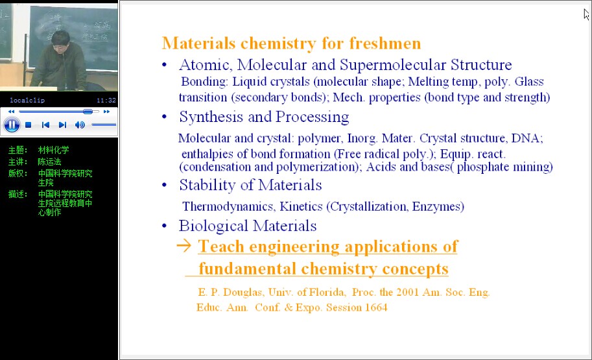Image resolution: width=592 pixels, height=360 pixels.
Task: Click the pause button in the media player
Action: click(12, 125)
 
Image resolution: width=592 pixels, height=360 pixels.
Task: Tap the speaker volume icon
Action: click(80, 125)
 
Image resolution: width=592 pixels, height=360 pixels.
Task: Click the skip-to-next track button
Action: click(63, 125)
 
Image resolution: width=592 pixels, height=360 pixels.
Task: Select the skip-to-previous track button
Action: click(45, 125)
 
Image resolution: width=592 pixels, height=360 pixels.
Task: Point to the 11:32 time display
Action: click(106, 101)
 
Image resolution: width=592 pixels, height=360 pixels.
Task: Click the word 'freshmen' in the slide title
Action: click(385, 43)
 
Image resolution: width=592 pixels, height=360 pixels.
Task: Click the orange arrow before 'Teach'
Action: click(184, 246)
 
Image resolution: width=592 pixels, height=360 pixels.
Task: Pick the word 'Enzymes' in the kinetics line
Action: click(438, 207)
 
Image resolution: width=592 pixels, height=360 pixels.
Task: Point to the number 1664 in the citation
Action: click(376, 307)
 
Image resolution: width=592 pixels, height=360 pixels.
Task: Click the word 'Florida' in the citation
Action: click(327, 293)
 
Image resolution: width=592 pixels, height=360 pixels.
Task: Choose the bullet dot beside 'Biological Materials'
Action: click(164, 226)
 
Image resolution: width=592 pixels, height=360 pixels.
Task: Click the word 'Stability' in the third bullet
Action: click(207, 185)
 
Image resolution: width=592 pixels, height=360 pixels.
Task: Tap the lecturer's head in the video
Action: click(60, 41)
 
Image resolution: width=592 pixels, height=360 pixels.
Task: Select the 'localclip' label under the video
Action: click(27, 101)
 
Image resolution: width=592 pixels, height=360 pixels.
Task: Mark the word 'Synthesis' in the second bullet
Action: click(211, 117)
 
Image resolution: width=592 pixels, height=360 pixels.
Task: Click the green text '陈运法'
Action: click(49, 162)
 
